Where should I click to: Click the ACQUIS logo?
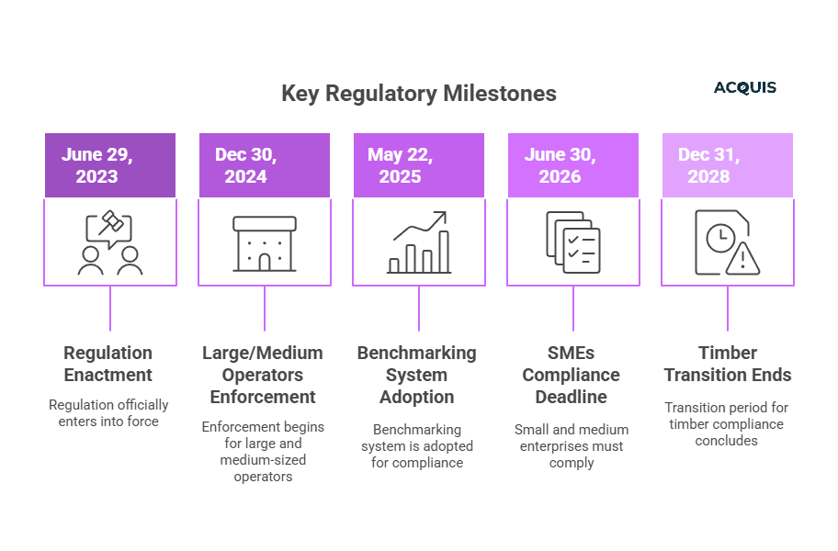[744, 88]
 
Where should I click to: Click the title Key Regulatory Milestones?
[418, 94]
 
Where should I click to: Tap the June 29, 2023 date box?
[110, 165]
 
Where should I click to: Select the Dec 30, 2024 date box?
[265, 165]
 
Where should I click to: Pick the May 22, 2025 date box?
[419, 165]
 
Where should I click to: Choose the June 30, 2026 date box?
[573, 165]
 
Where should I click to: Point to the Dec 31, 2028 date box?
[728, 165]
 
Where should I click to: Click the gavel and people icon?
[110, 243]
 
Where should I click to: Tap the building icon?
[265, 243]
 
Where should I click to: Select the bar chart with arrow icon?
[419, 243]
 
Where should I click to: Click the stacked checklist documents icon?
[573, 243]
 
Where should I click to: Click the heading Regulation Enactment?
[108, 364]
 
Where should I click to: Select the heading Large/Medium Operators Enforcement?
[263, 375]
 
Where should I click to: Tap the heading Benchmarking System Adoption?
[417, 375]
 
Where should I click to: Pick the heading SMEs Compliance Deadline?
[572, 375]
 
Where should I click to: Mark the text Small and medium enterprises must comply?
[572, 445]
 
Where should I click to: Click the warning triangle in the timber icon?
[742, 260]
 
